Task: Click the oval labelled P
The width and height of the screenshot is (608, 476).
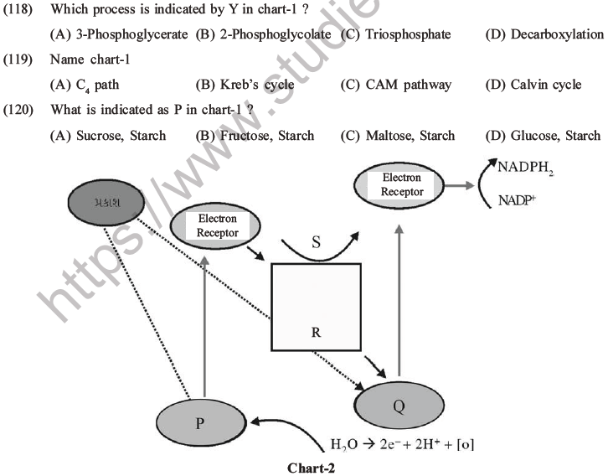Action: pyautogui.click(x=199, y=422)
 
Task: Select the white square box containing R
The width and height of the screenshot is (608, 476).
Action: pyautogui.click(x=315, y=307)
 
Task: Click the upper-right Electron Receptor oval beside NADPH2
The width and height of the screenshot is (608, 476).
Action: pyautogui.click(x=402, y=185)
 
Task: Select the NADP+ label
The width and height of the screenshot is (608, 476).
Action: pyautogui.click(x=519, y=200)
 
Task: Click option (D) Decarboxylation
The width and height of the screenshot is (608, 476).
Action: pyautogui.click(x=544, y=34)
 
